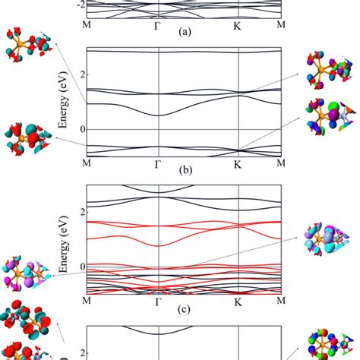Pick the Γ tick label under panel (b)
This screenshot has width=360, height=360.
pos(158,163)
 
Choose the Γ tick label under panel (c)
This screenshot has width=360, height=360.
pos(158,301)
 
